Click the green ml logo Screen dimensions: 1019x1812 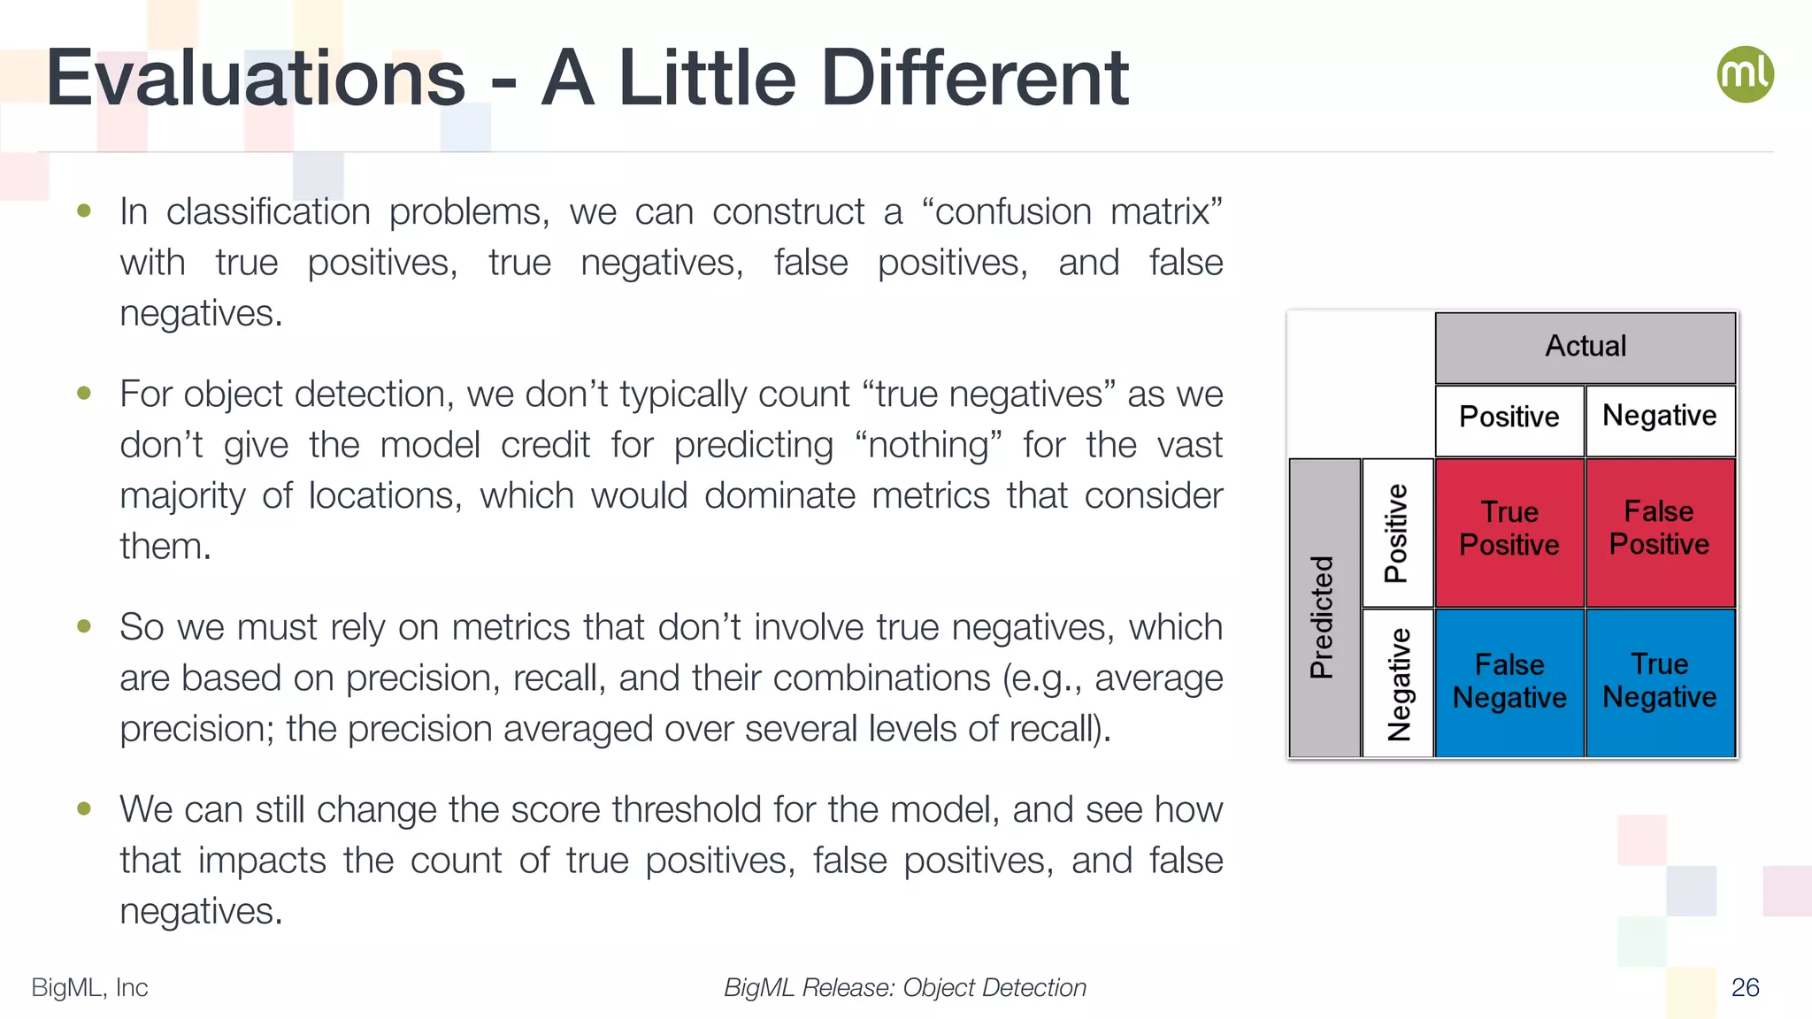[1745, 74]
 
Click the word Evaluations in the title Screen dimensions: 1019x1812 [256, 79]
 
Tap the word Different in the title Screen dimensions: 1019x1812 [974, 79]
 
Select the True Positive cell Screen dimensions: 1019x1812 [1509, 529]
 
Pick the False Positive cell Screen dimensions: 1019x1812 [1660, 529]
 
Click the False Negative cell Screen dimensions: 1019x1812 [1509, 681]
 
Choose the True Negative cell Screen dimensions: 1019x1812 [1660, 681]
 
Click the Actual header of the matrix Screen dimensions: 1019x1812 [1585, 346]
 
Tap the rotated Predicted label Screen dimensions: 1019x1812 [1322, 617]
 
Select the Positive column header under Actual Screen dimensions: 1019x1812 [1509, 417]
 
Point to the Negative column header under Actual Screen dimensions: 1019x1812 [1660, 417]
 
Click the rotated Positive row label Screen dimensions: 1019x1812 [1396, 532]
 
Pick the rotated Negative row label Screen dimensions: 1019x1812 [1398, 684]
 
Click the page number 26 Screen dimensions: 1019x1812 [1745, 987]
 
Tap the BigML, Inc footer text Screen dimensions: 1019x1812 [89, 987]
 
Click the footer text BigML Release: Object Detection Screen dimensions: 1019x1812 [904, 987]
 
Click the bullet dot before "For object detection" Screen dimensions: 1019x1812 [84, 393]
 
